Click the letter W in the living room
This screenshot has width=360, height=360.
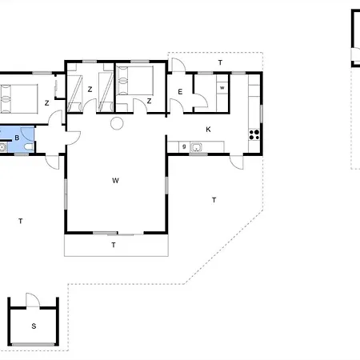coord(115,181)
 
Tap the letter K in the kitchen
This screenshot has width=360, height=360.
coord(208,130)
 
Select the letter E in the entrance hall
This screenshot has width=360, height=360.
coord(180,92)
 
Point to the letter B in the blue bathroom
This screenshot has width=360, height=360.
coord(17,138)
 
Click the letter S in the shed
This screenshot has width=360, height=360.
coord(34,326)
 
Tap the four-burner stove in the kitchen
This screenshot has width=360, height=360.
coord(254,134)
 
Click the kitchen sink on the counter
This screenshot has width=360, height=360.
coord(196,147)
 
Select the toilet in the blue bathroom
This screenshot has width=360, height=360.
coord(28,146)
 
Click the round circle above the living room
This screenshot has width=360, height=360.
coord(117,123)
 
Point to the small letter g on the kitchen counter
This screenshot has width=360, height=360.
coord(184,146)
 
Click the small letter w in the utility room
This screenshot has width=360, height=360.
coord(222,88)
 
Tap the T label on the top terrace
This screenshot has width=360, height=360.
coord(220,62)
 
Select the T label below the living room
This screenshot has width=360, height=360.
coord(114,245)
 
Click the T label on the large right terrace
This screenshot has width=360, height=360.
coord(214,200)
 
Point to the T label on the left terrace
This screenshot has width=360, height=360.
coord(21,221)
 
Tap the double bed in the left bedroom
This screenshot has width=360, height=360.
coord(18,99)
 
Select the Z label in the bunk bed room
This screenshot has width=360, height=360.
coord(90,90)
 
